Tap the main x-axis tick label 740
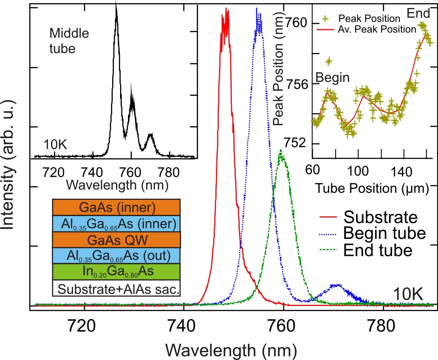pos(184,321)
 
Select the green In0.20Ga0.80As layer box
pos(116,271)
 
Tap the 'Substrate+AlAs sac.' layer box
pos(116,288)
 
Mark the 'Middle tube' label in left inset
pos(69,41)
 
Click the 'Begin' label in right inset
pos(332,78)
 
